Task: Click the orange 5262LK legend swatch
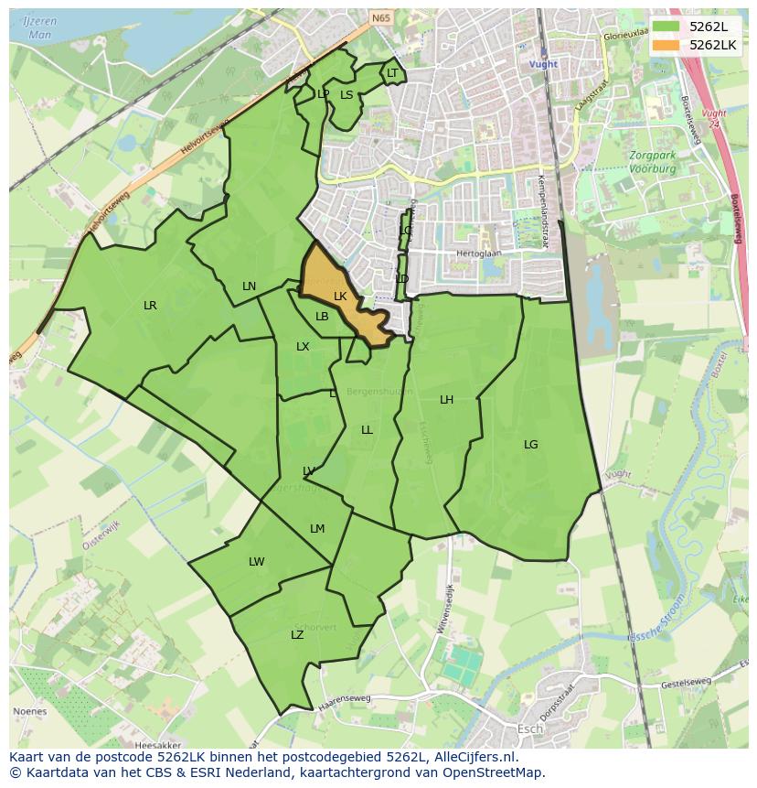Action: pos(666,44)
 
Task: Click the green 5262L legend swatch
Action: pos(666,26)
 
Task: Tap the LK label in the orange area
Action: pos(340,297)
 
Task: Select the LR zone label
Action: pos(150,306)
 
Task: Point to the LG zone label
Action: pos(531,445)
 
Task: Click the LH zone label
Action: pos(446,400)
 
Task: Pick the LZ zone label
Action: pos(297,635)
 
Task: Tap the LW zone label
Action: pos(257,562)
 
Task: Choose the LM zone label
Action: pos(317,529)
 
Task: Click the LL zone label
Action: pos(367,430)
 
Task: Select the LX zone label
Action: pos(303,347)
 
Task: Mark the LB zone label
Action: pos(322,317)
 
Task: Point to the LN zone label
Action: pos(249,286)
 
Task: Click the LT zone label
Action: pos(392,73)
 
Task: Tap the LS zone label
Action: pos(347,94)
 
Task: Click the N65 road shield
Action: pos(380,16)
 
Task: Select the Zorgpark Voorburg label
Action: pos(652,162)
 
